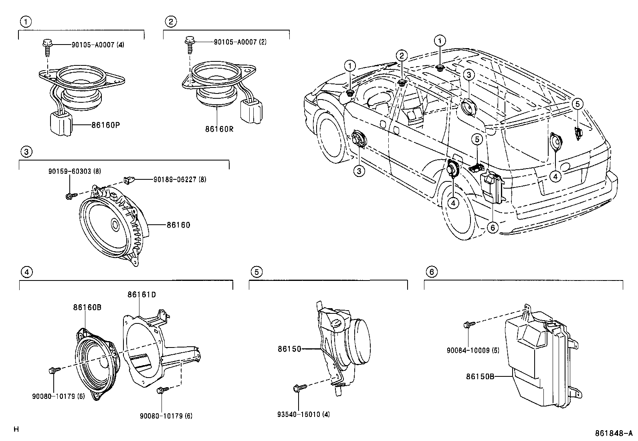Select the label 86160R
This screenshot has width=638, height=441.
219,129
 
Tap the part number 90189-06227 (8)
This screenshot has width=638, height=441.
180,180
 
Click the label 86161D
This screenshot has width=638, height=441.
141,295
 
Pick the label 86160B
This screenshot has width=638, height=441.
87,307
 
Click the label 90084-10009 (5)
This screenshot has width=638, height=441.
473,350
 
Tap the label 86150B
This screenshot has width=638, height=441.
480,376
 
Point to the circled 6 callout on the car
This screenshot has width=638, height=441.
493,228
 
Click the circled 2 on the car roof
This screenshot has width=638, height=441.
402,55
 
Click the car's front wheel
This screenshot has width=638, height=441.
331,136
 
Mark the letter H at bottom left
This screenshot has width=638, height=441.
16,429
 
